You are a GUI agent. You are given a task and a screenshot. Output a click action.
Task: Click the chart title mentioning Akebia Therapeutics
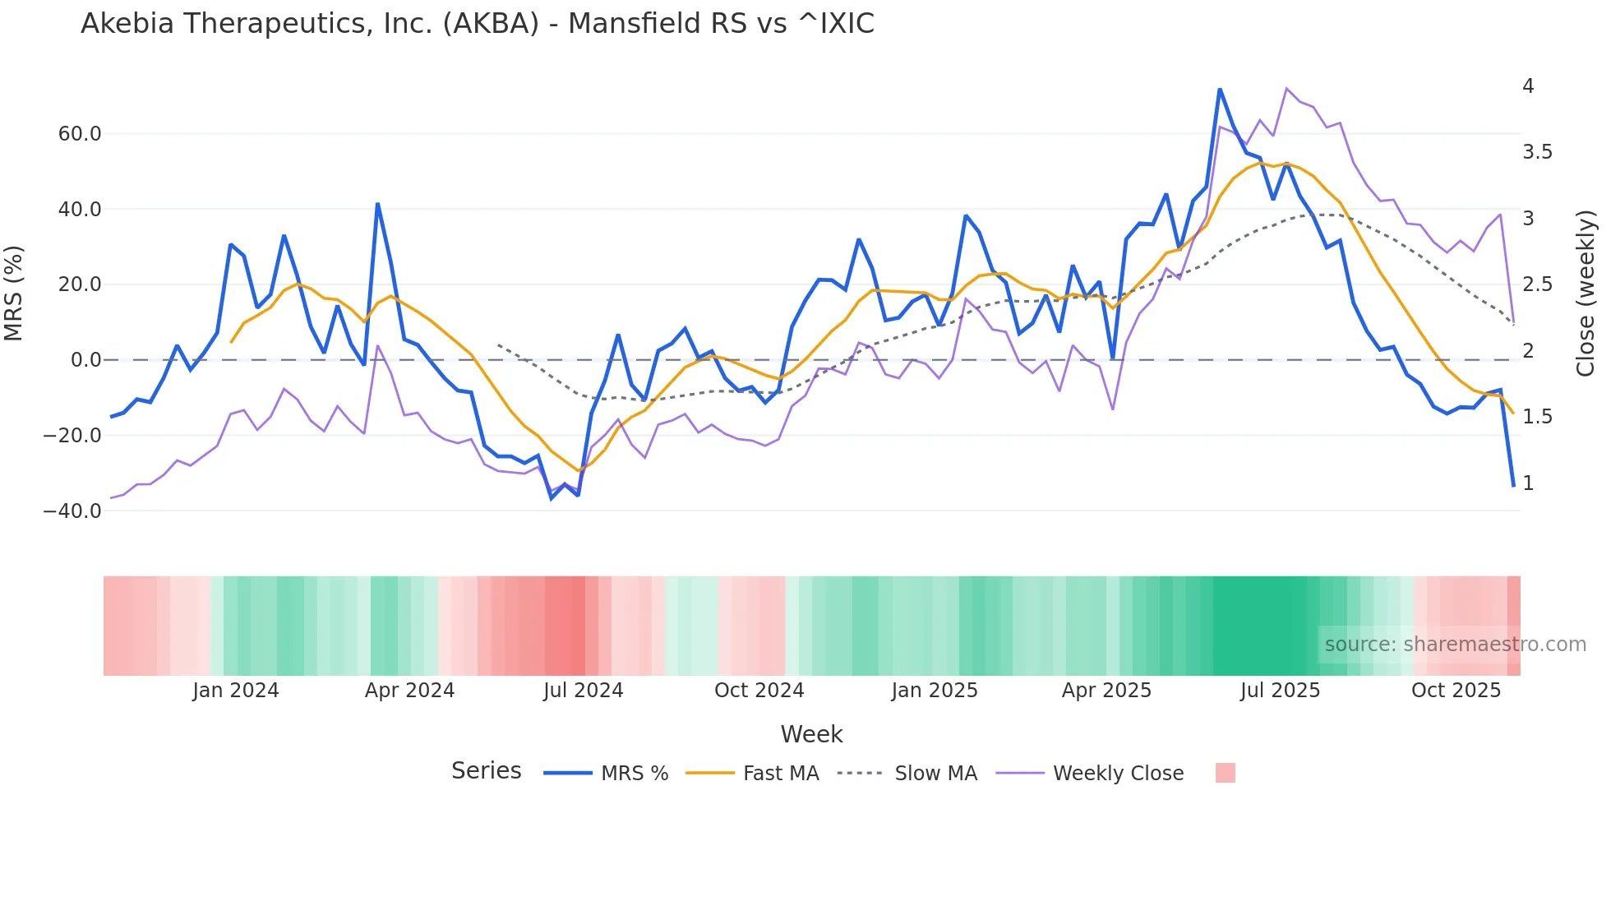click(x=477, y=24)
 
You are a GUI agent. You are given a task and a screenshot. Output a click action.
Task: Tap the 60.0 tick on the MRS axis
click(x=80, y=134)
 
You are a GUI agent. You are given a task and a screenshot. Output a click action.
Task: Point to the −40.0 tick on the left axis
click(x=73, y=511)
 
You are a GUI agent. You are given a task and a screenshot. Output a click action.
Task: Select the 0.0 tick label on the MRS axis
click(x=85, y=360)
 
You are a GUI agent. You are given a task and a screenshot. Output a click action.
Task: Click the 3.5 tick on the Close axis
click(x=1537, y=152)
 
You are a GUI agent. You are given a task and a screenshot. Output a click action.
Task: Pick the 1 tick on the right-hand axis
click(x=1528, y=483)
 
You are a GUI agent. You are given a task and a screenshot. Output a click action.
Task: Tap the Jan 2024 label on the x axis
click(x=236, y=691)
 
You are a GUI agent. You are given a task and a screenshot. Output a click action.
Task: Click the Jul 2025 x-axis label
click(x=1280, y=691)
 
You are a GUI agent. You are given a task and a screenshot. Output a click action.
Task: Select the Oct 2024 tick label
click(x=759, y=691)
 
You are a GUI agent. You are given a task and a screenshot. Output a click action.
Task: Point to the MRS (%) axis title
click(x=14, y=294)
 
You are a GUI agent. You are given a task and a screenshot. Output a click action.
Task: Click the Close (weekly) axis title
click(x=1586, y=294)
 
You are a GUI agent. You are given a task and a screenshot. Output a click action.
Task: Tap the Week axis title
click(x=811, y=734)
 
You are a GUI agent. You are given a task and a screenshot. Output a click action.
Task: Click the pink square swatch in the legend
click(x=1225, y=773)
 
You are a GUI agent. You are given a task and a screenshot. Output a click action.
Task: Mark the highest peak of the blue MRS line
click(x=1220, y=89)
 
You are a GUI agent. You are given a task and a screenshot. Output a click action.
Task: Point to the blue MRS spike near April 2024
click(x=377, y=203)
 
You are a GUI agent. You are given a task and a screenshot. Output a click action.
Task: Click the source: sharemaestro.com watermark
click(x=1455, y=645)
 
